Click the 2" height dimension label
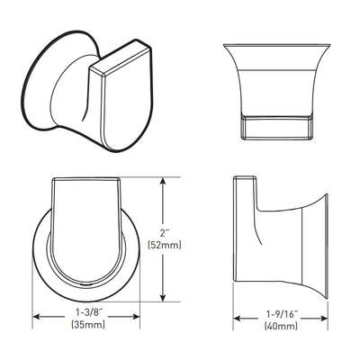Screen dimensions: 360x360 pos(164,233)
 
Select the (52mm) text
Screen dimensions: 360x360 pos(165,246)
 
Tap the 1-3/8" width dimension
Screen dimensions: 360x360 pos(87,313)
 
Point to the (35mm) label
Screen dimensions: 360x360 pos(88,324)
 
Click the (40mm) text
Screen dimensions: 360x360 pos(281,326)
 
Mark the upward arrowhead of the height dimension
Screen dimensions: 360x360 pos(163,182)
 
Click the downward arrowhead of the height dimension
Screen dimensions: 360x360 pos(163,297)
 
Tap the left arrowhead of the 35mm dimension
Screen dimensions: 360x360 pos(37,317)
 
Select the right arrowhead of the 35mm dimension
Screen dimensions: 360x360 pos(136,317)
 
